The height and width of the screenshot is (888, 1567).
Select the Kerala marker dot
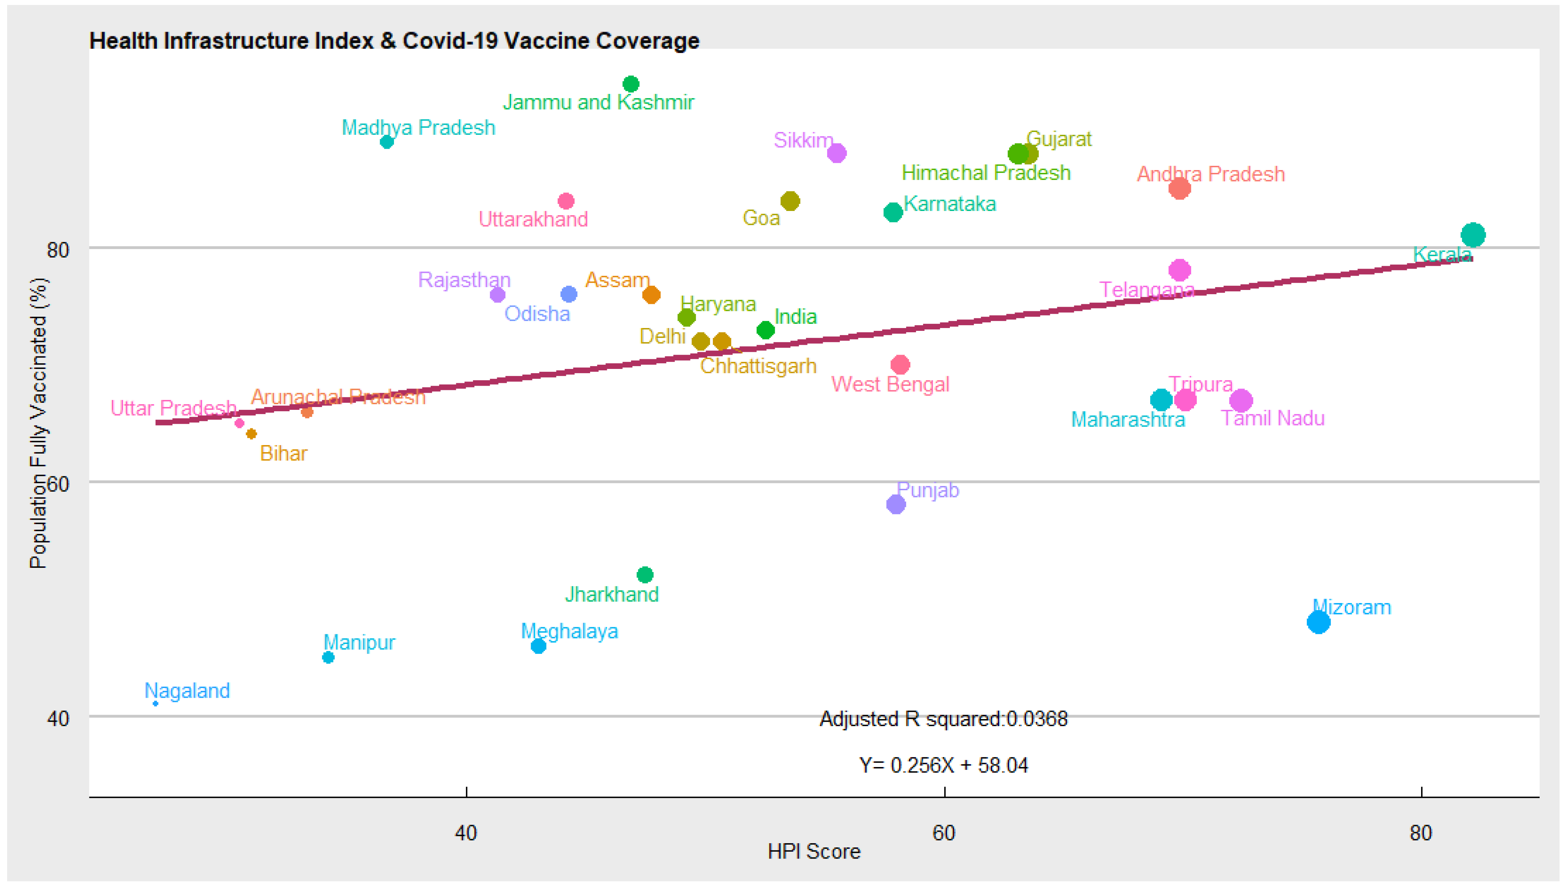coord(1472,235)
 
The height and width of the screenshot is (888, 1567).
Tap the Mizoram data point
coord(1318,622)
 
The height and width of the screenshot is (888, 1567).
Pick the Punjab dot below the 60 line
coord(895,504)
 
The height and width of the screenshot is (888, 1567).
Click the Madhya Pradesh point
coord(387,142)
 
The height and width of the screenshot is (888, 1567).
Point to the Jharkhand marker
coord(645,575)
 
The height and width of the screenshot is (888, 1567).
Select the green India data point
coord(765,330)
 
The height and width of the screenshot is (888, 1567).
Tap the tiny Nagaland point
coord(156,703)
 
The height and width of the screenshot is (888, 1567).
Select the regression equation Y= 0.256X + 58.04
coord(943,765)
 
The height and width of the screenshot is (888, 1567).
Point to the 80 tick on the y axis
coord(58,249)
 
